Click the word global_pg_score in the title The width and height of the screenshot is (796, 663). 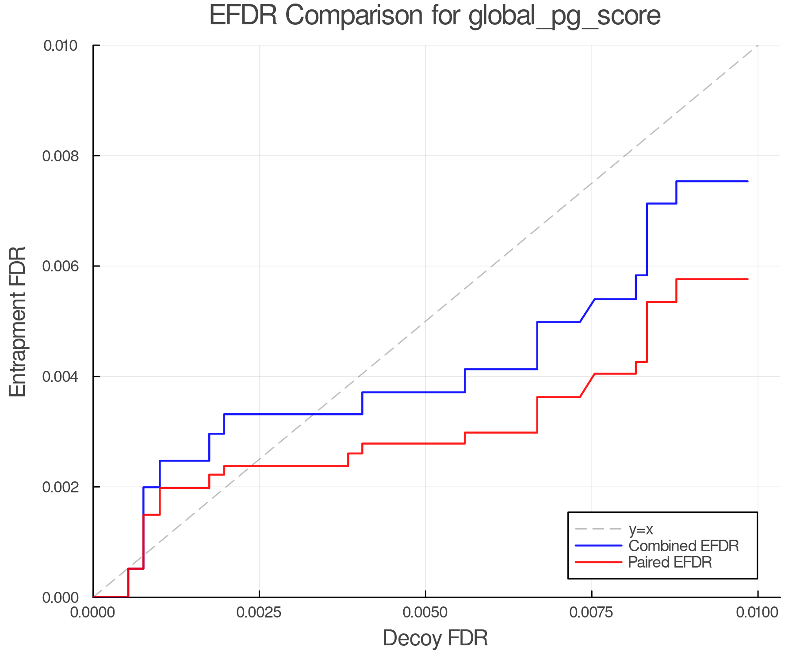(564, 16)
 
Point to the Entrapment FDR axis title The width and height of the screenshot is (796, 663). (18, 321)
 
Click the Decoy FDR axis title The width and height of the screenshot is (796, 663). (435, 638)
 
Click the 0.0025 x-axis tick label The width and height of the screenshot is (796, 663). (259, 613)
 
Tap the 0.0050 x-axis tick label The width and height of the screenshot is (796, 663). (425, 613)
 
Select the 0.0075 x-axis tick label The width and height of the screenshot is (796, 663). (592, 613)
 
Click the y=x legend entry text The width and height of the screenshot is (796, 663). (641, 529)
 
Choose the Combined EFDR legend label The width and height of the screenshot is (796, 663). (684, 546)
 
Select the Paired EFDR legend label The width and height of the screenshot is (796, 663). (670, 562)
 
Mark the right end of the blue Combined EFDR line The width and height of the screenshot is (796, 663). (747, 181)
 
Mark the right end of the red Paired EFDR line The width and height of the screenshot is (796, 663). (747, 279)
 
